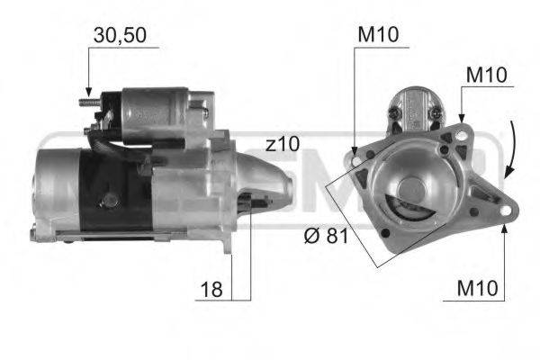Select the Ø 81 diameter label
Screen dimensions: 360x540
tap(326, 238)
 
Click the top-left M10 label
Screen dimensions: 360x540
tap(377, 35)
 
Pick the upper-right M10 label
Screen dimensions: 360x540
tap(487, 75)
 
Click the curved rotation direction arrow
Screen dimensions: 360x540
tap(511, 148)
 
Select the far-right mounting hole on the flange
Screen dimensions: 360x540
tap(503, 212)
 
